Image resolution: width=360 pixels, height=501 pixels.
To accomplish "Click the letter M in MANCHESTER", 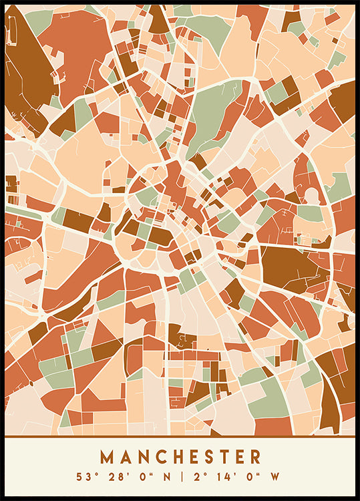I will click(x=107, y=457).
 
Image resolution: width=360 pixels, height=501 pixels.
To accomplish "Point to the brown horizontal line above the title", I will click(x=180, y=437).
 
